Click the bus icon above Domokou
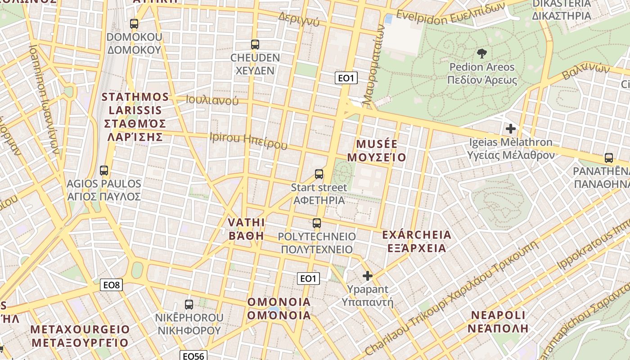point(134,24)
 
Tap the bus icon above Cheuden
point(255,45)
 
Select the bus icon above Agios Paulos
point(104,171)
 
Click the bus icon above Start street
point(319,174)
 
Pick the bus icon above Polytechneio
point(317,223)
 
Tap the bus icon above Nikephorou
point(189,305)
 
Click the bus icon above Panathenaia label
point(609,158)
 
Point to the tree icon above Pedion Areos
point(481,54)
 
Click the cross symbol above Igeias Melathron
point(510,129)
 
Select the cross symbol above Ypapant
point(368,276)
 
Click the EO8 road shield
point(111,284)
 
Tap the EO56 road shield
point(194,356)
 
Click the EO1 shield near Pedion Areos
point(346,78)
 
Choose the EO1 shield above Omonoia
point(309,278)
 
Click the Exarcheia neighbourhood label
point(416,241)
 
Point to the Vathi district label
point(246,229)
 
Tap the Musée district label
point(381,151)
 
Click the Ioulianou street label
point(212,100)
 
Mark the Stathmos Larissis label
point(135,117)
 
